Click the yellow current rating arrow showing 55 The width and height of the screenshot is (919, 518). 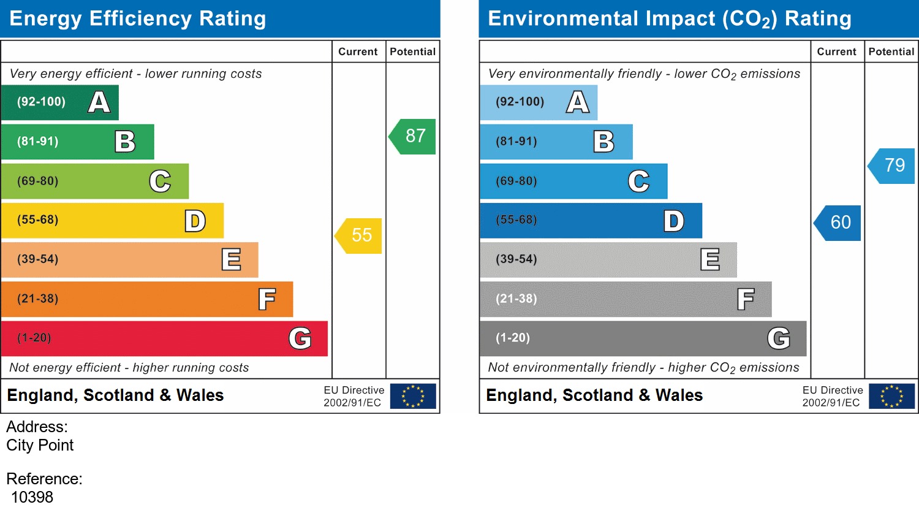pos(360,235)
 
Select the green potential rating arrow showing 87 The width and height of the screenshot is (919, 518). pos(414,136)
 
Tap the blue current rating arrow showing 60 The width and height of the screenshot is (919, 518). pos(839,223)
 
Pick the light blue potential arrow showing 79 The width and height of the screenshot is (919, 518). pos(893,166)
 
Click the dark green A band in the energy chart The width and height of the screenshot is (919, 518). pos(59,102)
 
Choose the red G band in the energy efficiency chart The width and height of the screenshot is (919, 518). pos(164,338)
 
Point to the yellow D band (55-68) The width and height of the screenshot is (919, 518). pos(112,221)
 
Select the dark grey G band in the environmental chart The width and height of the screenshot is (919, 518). pos(643,338)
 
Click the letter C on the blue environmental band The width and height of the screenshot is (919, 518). pos(638,181)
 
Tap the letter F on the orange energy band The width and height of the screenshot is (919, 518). pos(267,300)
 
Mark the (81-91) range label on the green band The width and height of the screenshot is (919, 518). pos(38,142)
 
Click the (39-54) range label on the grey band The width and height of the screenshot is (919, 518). pos(516,259)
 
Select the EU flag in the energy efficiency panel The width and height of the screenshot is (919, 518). pos(413,396)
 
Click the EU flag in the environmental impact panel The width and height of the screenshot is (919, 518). pos(891,396)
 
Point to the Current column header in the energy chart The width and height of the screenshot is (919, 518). pos(358,52)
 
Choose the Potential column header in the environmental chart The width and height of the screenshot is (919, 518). pos(891,52)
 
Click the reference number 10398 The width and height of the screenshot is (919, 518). pos(32,497)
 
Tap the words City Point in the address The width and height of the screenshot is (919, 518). pos(40,445)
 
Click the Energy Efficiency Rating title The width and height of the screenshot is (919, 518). pos(138,18)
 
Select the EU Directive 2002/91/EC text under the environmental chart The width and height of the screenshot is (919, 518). pos(832,396)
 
